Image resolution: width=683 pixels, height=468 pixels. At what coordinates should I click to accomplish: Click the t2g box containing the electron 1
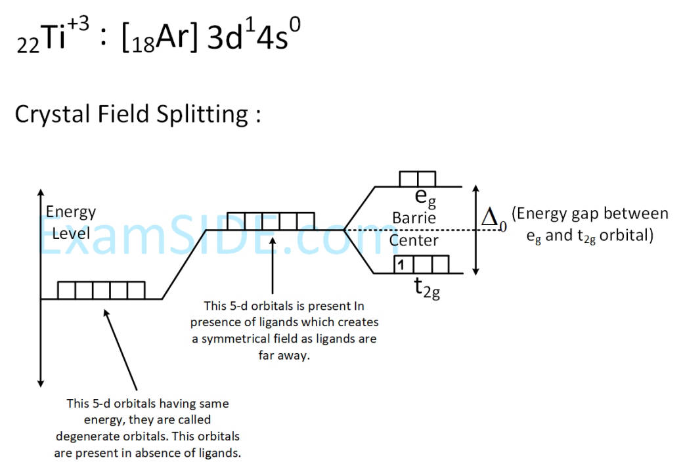coord(403,265)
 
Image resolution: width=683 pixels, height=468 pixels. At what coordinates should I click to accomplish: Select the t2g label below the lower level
coord(427,288)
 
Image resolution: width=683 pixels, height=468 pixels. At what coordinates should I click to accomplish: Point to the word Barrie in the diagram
coord(414,218)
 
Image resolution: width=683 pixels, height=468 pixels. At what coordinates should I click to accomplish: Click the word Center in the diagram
coord(414,240)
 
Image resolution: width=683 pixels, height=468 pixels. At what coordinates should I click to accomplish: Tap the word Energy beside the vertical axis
coord(71,213)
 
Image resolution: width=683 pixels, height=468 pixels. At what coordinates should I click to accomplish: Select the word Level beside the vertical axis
coord(71,234)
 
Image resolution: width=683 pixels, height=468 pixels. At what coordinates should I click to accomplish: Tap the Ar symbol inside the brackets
coord(172,37)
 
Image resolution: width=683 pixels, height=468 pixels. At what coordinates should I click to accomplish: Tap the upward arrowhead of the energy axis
coord(41,193)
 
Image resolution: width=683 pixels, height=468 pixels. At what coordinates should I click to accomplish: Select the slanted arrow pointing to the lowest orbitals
coord(120,350)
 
